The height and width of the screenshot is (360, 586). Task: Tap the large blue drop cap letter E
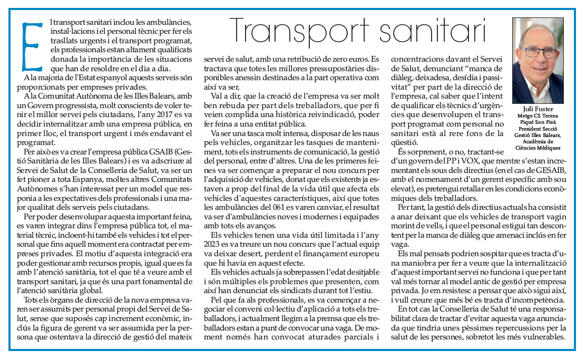click(33, 46)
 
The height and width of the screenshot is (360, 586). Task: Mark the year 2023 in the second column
click(212, 245)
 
